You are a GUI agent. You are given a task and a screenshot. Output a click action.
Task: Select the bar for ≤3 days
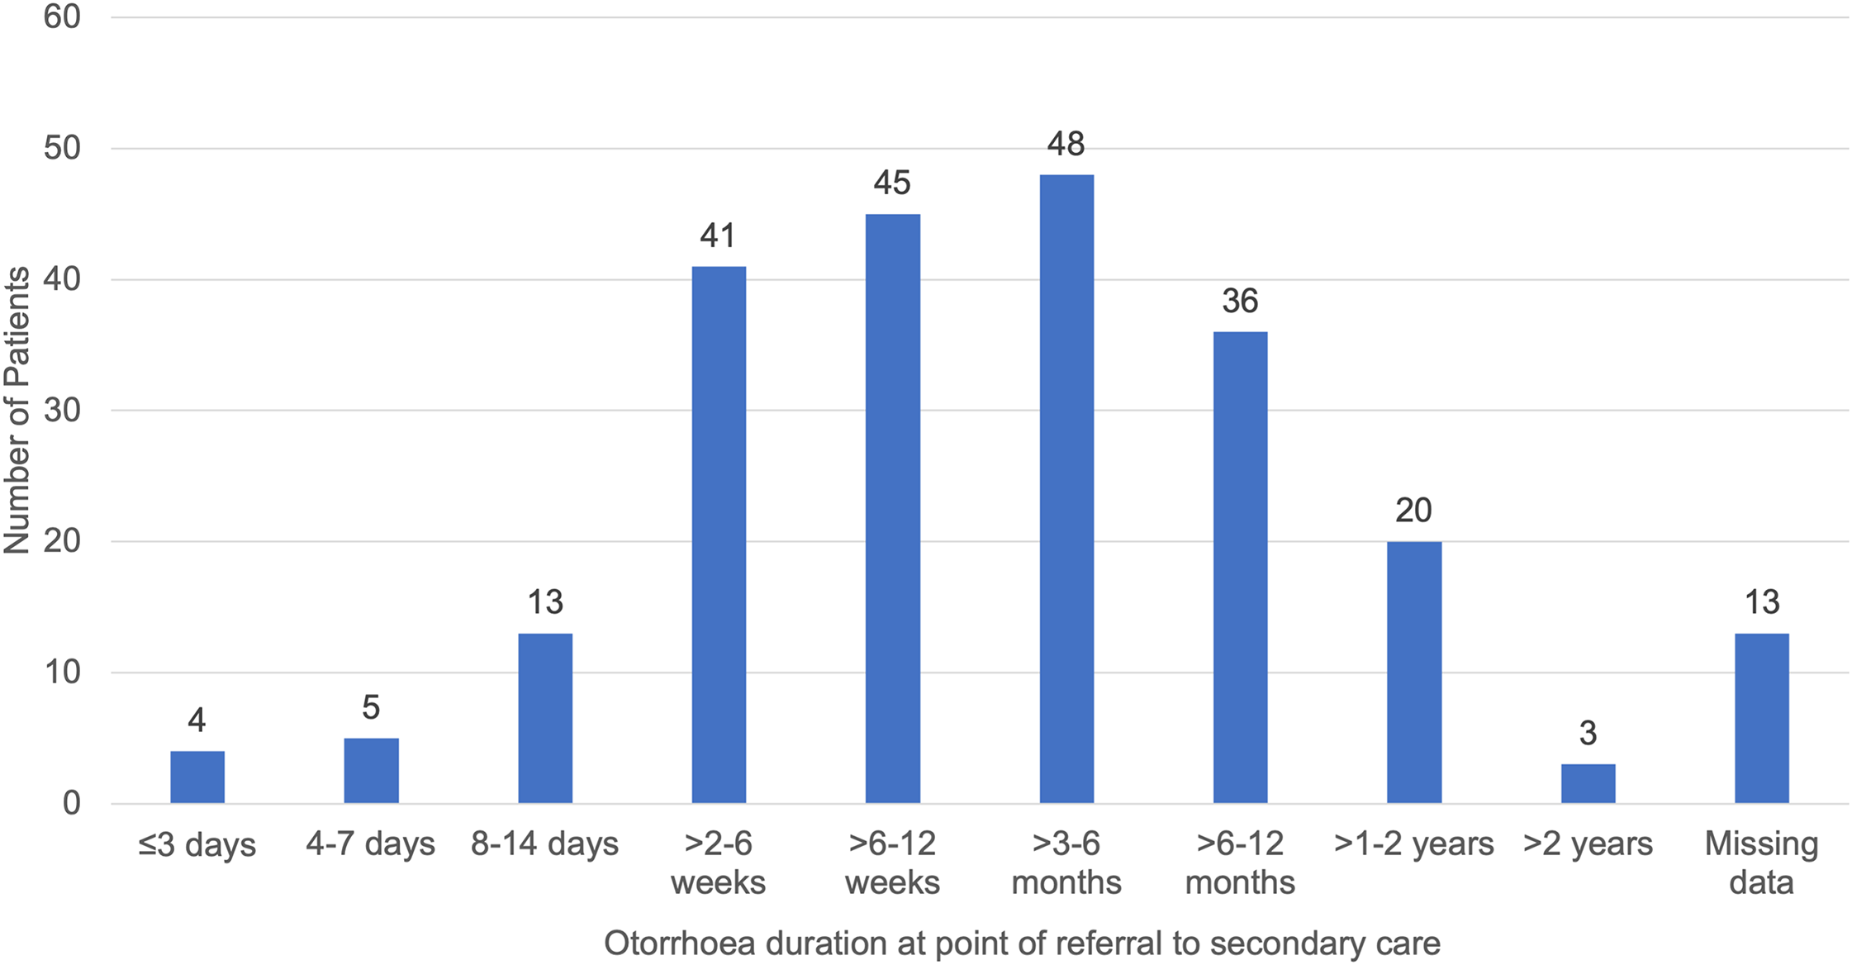coord(197,777)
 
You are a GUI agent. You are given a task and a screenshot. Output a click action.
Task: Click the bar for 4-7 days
coord(371,770)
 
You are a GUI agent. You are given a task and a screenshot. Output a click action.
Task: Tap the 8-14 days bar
coord(545,718)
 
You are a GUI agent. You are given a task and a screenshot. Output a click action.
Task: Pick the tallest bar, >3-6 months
coord(1066,489)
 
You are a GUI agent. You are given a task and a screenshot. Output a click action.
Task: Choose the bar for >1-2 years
coord(1414,673)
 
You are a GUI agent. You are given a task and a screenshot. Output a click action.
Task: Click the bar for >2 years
coord(1588,783)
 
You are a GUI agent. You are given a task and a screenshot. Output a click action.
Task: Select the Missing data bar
coord(1762,718)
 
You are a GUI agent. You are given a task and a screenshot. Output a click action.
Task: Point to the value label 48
coord(1066,145)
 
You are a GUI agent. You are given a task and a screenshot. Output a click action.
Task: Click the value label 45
coord(892,183)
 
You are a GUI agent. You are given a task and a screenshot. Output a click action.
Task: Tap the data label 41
coord(718,236)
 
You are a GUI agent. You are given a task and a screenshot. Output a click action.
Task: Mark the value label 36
coord(1240,302)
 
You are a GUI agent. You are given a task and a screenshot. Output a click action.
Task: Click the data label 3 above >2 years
coord(1588,734)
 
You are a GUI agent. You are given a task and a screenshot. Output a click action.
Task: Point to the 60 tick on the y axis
coord(62,17)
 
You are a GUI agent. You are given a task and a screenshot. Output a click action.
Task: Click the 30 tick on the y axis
coord(62,410)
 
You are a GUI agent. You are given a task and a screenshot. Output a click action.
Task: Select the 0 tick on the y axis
coord(72,803)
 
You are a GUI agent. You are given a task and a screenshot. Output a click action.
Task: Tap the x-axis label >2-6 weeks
coord(718,863)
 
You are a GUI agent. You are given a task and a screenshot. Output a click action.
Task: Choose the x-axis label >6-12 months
coord(1240,863)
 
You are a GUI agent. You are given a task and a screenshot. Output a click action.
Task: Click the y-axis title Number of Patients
coord(17,410)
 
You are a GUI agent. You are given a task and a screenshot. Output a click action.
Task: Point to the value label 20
coord(1413,511)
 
